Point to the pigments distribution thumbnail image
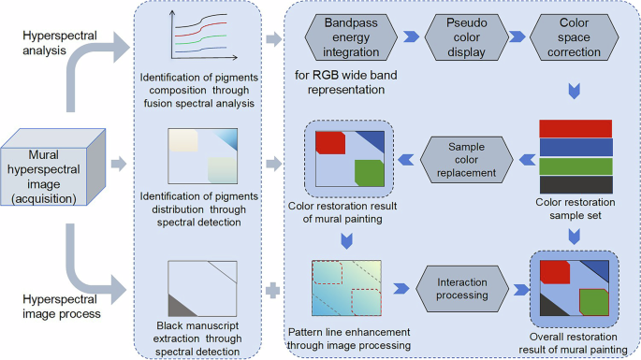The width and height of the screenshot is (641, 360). [x=197, y=155]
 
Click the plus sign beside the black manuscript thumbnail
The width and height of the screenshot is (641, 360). [x=272, y=290]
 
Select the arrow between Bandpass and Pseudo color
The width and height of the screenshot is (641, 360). [x=408, y=38]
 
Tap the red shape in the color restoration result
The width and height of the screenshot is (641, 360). [x=330, y=142]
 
